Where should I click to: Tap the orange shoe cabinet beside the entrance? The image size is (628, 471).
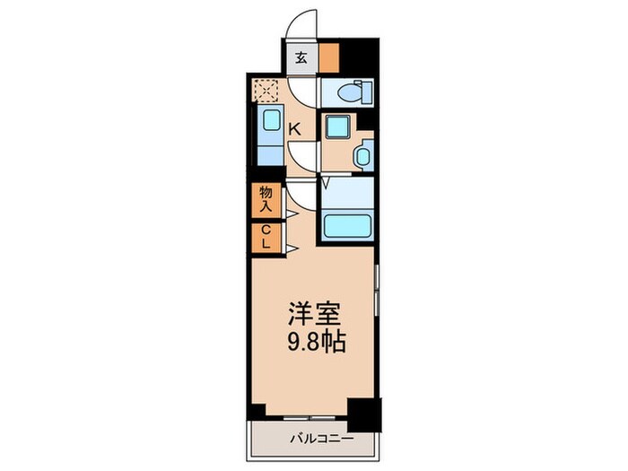coord(329,58)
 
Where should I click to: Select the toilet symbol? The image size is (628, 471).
coord(347,92)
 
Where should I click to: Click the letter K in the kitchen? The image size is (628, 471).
coord(293,129)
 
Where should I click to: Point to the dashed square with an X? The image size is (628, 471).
coord(266,90)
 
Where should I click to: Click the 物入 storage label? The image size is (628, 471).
coord(266,198)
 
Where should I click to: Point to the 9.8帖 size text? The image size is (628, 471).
coord(313,343)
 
